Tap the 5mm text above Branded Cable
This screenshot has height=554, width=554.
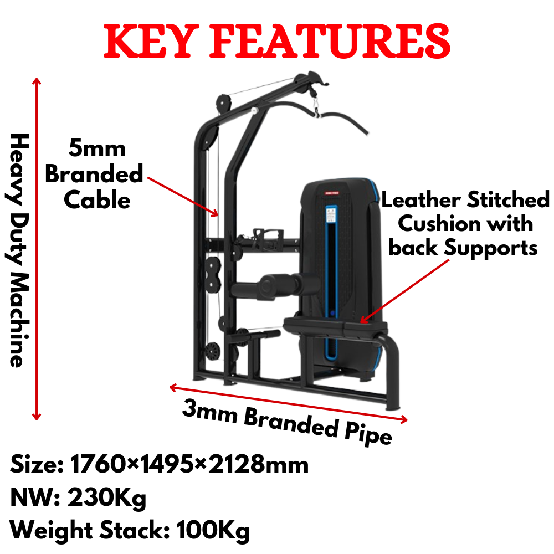pos(97,148)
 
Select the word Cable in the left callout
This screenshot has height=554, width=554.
pos(97,200)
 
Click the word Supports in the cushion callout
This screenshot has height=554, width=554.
pos(492,248)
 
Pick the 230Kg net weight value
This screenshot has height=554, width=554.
pos(107,498)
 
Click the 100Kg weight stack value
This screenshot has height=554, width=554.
pos(213,531)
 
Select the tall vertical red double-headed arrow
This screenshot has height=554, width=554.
pos(37,249)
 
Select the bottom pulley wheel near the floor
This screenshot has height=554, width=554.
pos(212,350)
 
